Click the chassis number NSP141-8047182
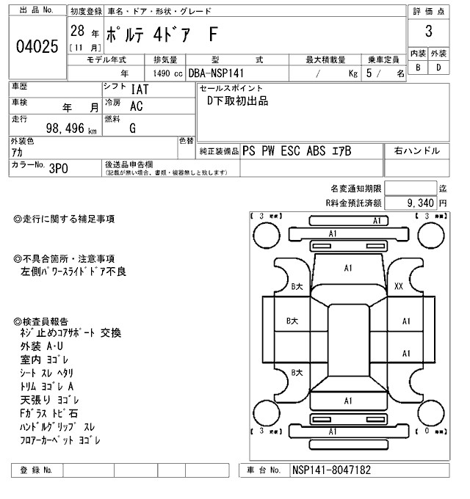(332, 470)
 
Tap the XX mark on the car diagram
(399, 286)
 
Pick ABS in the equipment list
(321, 151)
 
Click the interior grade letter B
(419, 68)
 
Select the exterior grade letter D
(438, 68)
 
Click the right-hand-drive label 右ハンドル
(417, 151)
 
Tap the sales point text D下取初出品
(238, 101)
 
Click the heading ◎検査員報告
(42, 321)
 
